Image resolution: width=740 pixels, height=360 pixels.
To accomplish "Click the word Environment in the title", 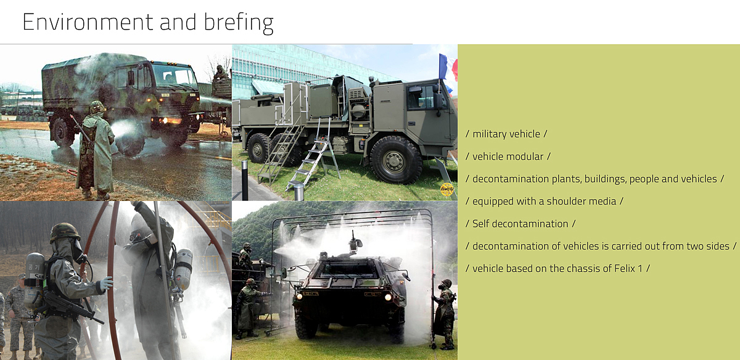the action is pos(88,22).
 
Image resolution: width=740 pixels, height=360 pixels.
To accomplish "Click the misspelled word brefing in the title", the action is pos(239,23).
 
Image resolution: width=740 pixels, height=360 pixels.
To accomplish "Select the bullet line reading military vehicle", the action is pos(506,134).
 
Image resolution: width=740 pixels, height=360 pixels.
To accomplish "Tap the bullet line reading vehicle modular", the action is pos(508,157).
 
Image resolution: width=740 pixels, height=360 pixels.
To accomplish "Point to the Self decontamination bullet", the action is pos(520,224).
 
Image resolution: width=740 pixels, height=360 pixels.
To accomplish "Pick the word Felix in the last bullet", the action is pos(624,269).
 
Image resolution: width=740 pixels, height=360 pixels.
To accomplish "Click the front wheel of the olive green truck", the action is pos(396,160).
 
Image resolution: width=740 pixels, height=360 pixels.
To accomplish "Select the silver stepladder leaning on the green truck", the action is pos(313,155).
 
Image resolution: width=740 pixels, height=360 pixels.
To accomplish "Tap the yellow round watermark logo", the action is pos(447,189).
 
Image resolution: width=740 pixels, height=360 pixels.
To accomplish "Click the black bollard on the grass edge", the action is pos(245,181).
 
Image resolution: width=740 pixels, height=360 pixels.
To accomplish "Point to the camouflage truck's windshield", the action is pos(175,75).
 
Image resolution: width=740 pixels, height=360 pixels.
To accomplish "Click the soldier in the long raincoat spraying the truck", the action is pos(95,150).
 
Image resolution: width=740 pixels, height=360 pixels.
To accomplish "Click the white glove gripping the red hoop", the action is pos(106,284).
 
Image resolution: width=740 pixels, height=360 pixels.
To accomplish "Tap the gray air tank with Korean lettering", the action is pos(35,278).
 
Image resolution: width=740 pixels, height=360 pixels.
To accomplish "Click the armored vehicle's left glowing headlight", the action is pos(299,296).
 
